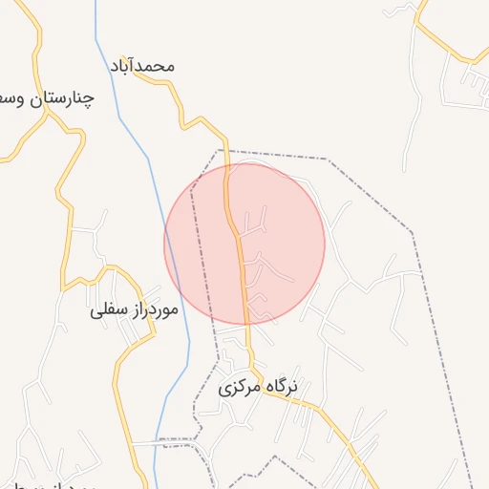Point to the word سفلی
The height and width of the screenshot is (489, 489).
pyautogui.click(x=107, y=309)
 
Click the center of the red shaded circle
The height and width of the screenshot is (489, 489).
pyautogui.click(x=244, y=244)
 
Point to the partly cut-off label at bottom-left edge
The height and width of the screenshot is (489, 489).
pyautogui.click(x=38, y=478)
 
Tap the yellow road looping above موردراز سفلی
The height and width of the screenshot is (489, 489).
pyautogui.click(x=96, y=272)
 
